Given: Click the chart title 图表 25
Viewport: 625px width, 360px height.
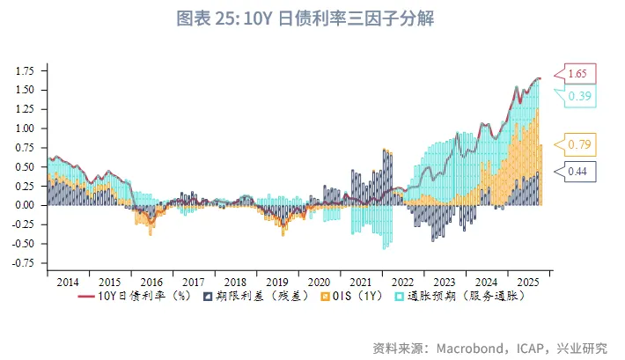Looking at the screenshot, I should [312, 18].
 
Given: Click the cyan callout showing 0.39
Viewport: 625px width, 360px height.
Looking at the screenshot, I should [579, 95].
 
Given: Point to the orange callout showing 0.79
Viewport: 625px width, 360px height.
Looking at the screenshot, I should [579, 144].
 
